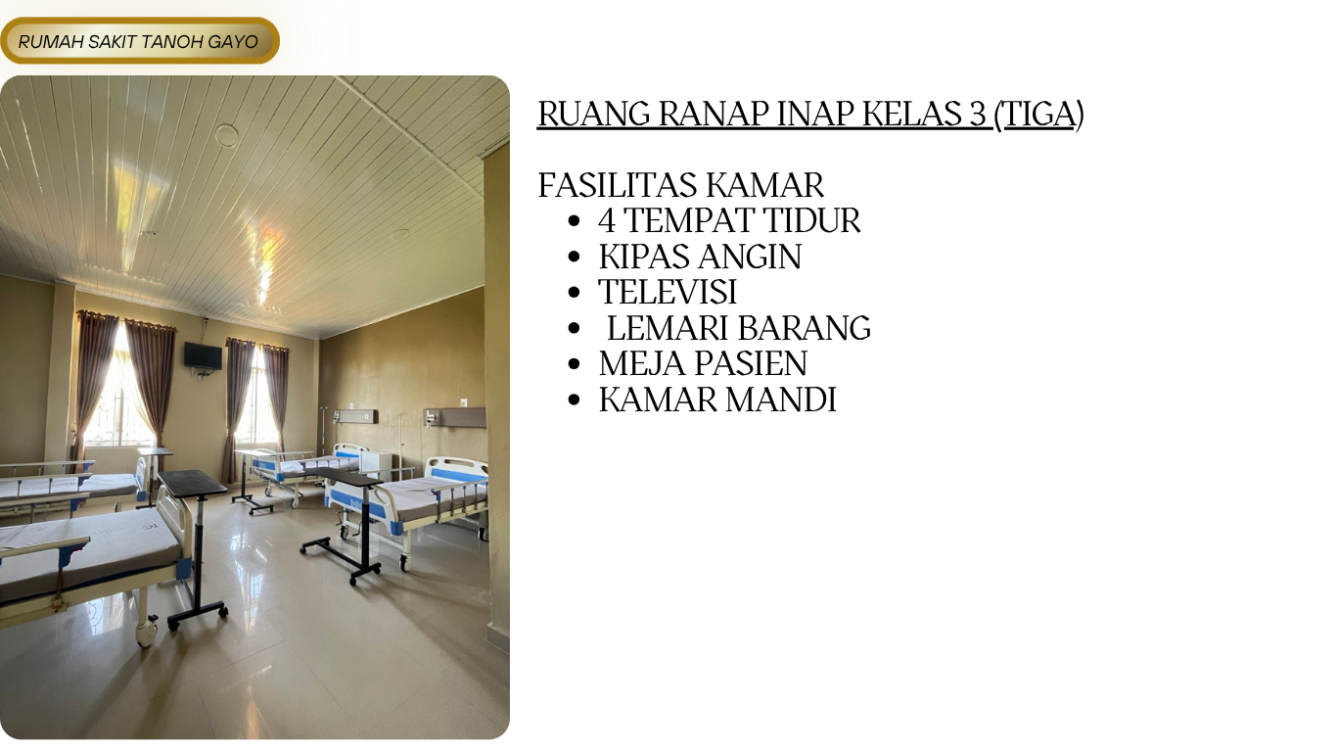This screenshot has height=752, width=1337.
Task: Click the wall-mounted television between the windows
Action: coord(203,355)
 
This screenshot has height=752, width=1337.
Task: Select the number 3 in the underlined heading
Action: coord(978,114)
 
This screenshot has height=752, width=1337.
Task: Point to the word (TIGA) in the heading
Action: coord(1039,114)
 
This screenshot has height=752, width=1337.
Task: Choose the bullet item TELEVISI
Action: coord(668,292)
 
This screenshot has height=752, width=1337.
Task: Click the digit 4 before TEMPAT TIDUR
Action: coord(607,220)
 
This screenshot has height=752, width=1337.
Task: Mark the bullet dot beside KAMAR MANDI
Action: coord(575,400)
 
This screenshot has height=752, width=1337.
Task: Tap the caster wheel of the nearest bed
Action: coord(146,637)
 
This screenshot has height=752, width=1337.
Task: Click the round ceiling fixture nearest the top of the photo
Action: coord(226,134)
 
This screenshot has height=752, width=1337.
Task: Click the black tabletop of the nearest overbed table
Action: coord(192,482)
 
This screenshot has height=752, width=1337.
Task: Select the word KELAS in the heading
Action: coord(913,114)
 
